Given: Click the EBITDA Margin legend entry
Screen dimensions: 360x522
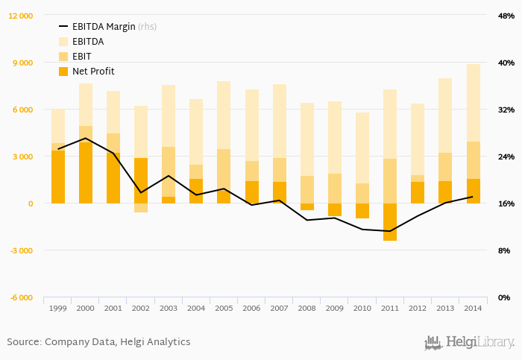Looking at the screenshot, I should coord(108,27).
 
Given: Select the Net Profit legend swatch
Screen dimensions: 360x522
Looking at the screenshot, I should coord(63,72).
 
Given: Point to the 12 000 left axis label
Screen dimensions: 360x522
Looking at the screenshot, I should coord(20,16).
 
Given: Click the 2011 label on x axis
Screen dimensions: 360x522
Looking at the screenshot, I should coord(390,308).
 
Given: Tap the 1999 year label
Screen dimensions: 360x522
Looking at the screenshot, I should coord(58,308).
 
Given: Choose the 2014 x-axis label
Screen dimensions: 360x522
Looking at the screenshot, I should coord(473,308).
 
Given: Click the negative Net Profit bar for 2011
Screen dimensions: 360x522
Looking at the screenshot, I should coord(390,221).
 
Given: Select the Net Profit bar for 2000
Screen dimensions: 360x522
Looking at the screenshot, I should coord(86,173).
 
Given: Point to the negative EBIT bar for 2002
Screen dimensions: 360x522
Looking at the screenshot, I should coord(141,208).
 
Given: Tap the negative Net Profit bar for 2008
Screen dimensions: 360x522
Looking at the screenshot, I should coord(307,206).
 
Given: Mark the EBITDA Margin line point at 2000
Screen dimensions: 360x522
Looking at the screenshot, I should coord(86,138).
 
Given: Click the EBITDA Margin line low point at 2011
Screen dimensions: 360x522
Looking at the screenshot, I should coord(390,231).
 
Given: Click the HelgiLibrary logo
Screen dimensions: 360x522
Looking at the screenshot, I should coord(469,343).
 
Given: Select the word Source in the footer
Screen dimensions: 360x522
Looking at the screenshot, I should coord(23,342).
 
